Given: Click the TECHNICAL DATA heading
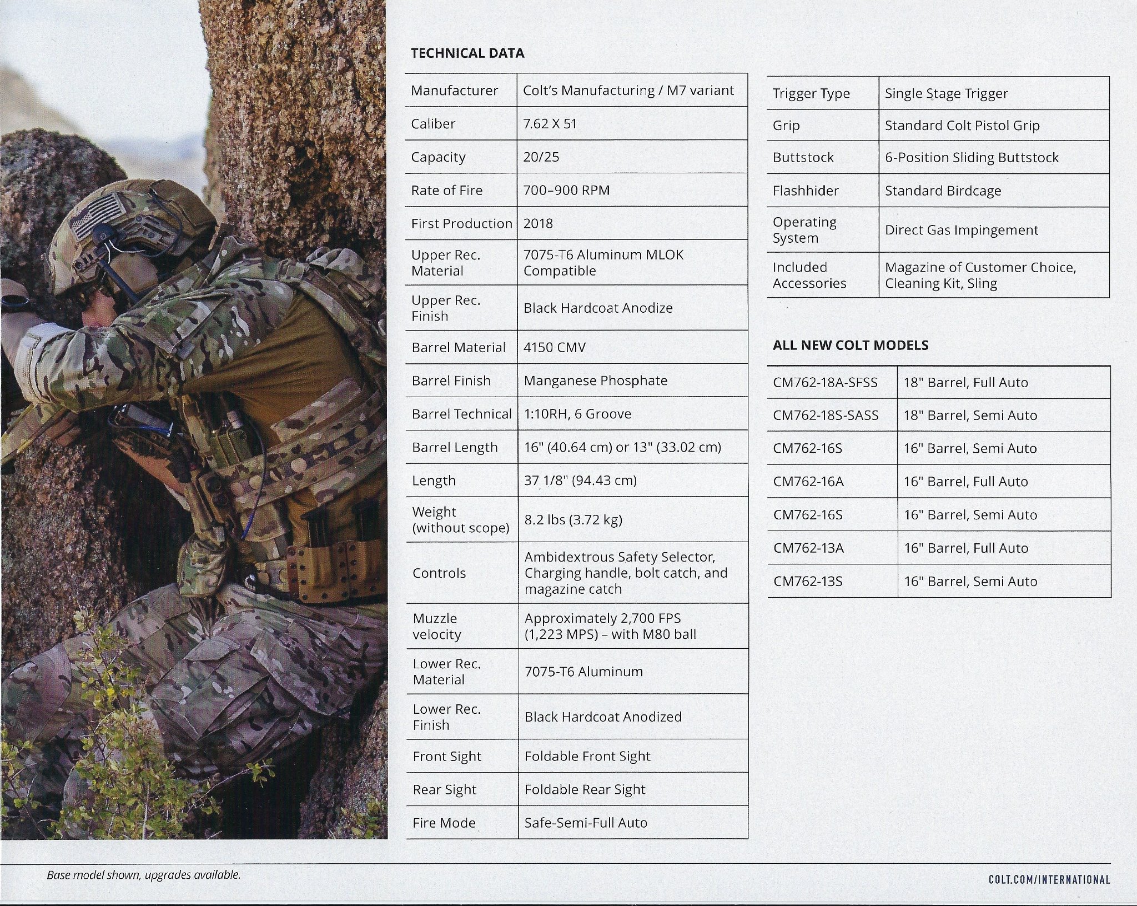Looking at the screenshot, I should point(467,53).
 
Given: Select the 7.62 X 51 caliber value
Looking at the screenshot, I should point(550,123).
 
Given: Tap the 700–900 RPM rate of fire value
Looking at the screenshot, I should point(566,190).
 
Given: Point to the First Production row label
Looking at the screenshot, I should point(461,223).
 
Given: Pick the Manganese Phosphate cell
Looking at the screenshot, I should point(595,381).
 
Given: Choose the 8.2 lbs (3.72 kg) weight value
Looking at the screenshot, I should point(573,519).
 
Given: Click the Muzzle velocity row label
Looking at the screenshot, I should point(436,626).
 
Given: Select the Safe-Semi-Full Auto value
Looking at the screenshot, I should point(586,822).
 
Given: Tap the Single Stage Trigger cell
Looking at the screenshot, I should point(946,93).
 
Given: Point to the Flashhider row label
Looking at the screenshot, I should point(806,191).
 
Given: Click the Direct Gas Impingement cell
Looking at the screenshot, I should point(961,230).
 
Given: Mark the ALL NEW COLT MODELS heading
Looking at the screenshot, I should point(850,345).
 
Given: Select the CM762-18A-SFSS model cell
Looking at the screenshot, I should point(825,382).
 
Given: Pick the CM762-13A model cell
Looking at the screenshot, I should point(808,548).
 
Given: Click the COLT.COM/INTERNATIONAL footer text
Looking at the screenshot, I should point(1049,879).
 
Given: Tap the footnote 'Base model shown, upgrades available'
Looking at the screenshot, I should point(143,875).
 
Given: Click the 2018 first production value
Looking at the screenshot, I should point(538,223).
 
